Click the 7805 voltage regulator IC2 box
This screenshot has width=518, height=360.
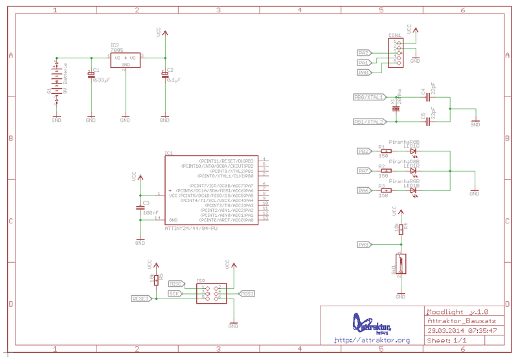point(126,60)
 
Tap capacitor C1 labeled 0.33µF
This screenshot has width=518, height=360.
point(91,75)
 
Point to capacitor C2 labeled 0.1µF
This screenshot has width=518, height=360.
point(166,75)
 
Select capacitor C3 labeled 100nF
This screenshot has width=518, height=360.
point(140,208)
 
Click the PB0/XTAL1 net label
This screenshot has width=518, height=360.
point(368,97)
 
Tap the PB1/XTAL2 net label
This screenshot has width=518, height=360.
point(368,122)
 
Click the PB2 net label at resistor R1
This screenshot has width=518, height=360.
point(364,152)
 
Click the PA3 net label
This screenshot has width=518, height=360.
point(364,245)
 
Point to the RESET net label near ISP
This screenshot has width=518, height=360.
point(141,298)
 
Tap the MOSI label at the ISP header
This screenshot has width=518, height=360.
point(247,293)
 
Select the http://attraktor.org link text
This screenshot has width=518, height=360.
point(372,341)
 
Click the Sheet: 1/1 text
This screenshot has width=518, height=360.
point(447,340)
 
